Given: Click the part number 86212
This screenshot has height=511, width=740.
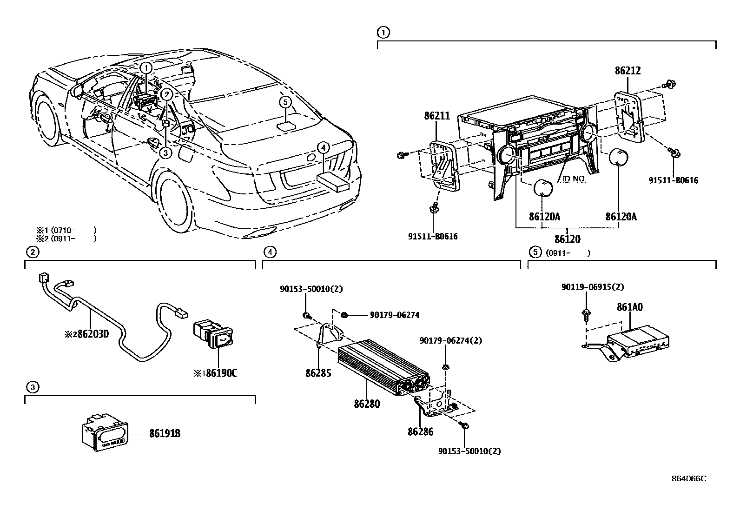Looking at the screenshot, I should [628, 71].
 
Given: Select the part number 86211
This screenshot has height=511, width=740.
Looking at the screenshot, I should [436, 115].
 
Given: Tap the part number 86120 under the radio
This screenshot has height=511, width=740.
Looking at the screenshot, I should [568, 239].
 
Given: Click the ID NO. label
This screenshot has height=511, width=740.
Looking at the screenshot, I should [574, 179].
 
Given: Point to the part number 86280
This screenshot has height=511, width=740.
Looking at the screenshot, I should [367, 404].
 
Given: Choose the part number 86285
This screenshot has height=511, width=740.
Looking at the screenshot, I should [318, 373].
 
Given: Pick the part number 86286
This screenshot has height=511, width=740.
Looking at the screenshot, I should [420, 432].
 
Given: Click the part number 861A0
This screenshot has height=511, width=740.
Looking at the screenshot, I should [630, 307].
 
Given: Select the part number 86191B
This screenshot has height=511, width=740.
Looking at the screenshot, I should [165, 434].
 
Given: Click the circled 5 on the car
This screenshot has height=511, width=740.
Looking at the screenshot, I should [285, 102].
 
